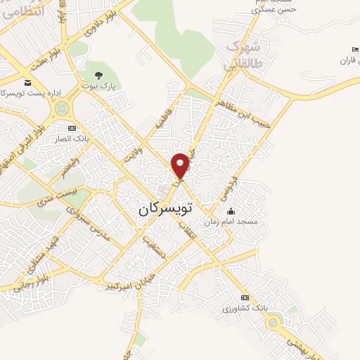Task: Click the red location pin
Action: [181, 165]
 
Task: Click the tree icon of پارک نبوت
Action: [98, 75]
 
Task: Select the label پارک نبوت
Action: [102, 86]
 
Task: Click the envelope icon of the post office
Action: [27, 82]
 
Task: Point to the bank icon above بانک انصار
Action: [71, 129]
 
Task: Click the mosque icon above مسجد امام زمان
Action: [231, 211]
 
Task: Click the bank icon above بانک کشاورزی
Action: [244, 297]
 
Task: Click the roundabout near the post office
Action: [62, 109]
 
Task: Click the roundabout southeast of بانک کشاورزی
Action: [273, 323]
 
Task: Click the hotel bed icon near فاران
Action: [354, 49]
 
